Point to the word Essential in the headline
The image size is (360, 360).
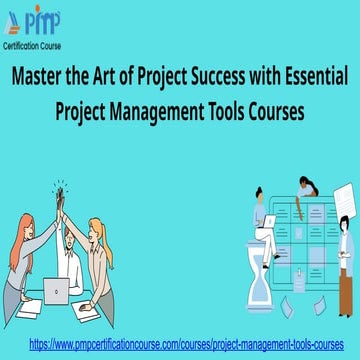click(x=309, y=76)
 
